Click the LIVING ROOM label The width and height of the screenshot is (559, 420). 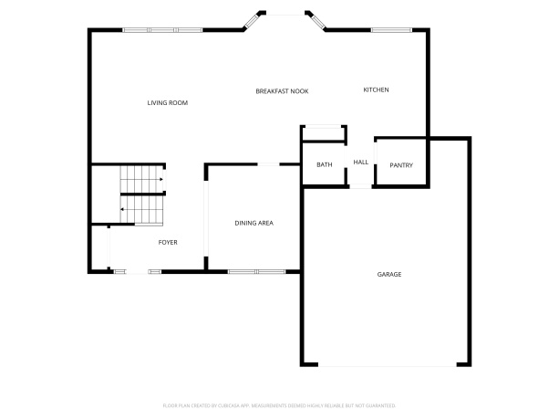coord(167,103)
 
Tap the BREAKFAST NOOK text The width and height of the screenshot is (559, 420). coord(281,91)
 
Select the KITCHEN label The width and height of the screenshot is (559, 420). coord(376,89)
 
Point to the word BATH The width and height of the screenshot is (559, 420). coord(324,165)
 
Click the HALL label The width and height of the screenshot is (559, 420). coord(360,163)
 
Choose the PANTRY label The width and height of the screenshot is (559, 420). coord(401,165)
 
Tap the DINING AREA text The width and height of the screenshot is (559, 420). coord(254,223)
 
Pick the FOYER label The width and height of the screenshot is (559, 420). coord(168,242)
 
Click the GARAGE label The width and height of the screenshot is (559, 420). coord(389,274)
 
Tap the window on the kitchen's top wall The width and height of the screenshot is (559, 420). coord(389,31)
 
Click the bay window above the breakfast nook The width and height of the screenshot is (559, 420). coord(286,14)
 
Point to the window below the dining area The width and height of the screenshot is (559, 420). coord(255,271)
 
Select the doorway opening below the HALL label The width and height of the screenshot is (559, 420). coord(360,186)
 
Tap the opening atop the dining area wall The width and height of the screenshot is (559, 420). coord(270,164)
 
